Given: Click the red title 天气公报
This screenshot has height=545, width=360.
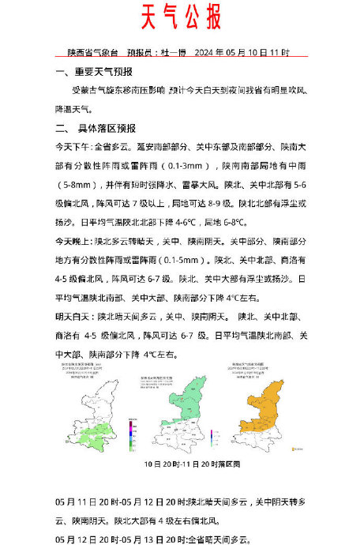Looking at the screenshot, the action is tap(181, 17).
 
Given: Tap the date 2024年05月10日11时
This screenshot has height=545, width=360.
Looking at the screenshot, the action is tap(253, 53).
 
